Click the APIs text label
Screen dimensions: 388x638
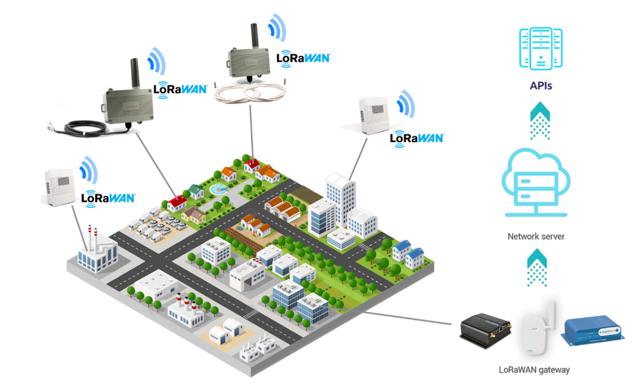point(541,84)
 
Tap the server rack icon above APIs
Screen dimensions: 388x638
point(541,49)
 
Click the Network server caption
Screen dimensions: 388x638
point(536,236)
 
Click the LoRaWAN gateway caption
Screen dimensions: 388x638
point(534,370)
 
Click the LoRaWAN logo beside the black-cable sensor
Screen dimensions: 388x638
point(180,89)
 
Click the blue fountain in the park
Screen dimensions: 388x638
point(218,189)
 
